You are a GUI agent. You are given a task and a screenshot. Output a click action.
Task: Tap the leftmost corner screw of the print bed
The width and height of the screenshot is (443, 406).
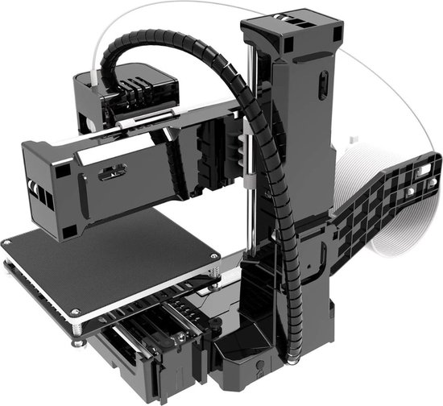point(7,242)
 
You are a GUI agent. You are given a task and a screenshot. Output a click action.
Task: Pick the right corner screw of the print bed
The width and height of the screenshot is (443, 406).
point(215,269)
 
